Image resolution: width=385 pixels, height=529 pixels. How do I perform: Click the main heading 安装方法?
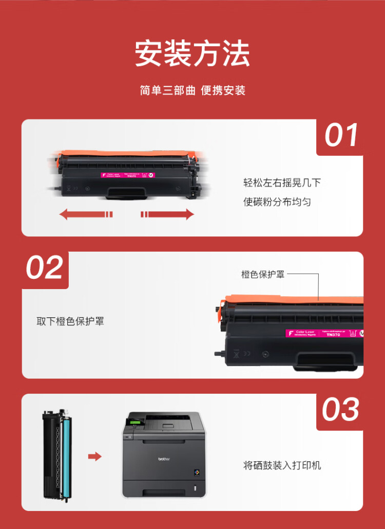(192, 53)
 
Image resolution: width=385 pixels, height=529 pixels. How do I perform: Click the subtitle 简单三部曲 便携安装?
(192, 91)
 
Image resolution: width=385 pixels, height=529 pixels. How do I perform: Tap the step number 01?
(341, 136)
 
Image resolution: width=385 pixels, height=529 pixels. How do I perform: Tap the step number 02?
(45, 268)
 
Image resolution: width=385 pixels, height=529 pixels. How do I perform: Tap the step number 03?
(341, 410)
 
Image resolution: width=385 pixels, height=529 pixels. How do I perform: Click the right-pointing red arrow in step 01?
(168, 214)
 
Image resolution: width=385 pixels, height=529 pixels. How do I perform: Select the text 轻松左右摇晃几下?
(282, 183)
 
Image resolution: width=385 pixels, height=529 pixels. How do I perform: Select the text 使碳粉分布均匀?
(277, 202)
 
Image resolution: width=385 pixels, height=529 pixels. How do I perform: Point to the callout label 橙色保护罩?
(263, 274)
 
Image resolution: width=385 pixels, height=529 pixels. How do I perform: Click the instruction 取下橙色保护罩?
(70, 321)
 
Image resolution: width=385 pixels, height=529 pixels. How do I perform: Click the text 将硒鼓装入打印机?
(282, 465)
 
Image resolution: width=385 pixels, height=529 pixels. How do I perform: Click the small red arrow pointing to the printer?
(94, 456)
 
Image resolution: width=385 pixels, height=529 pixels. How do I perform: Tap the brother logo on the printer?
(163, 459)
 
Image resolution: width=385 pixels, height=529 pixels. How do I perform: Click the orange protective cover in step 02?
(293, 299)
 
